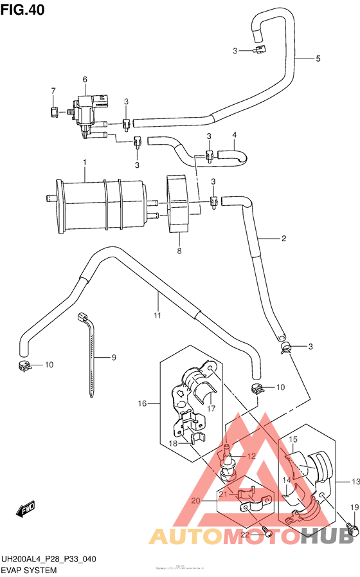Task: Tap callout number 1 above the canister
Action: click(x=84, y=165)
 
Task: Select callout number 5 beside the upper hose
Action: click(x=318, y=59)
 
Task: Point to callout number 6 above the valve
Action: click(x=84, y=79)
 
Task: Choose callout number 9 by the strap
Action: click(x=113, y=358)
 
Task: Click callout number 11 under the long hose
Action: click(x=157, y=315)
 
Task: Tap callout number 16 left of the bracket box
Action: click(x=143, y=403)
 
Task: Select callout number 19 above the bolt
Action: click(x=353, y=508)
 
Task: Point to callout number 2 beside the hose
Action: click(x=283, y=239)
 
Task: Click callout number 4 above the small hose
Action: click(x=235, y=135)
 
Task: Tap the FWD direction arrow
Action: click(x=26, y=509)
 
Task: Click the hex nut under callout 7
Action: click(x=53, y=112)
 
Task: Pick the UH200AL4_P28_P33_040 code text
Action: click(x=49, y=559)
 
